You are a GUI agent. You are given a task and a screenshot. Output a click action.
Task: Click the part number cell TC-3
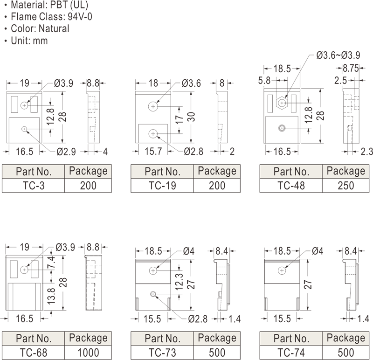tap(33, 186)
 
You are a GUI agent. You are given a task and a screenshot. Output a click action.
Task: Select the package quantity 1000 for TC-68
tap(88, 353)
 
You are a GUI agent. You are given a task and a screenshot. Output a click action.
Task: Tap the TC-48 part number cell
tap(291, 186)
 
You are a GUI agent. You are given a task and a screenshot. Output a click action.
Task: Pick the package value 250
tap(345, 186)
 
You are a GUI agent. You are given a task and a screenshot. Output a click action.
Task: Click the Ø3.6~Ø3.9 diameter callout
tap(338, 55)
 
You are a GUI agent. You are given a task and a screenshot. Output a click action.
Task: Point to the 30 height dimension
tap(191, 117)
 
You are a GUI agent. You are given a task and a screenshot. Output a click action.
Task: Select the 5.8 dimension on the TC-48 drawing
tap(264, 80)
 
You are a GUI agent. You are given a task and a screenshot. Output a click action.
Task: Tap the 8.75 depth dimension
tap(351, 68)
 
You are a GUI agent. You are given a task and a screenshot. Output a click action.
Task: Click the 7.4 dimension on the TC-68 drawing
tap(52, 263)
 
